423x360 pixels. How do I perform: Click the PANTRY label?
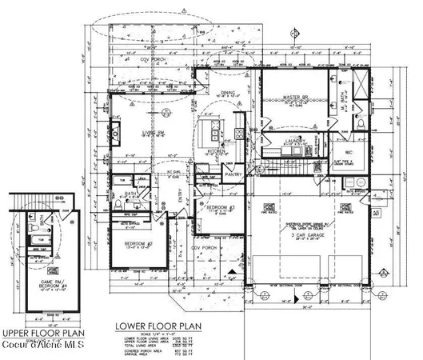pyautogui.click(x=233, y=174)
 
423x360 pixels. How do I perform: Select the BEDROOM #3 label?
pyautogui.click(x=220, y=208)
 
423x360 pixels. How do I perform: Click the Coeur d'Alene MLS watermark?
pyautogui.click(x=43, y=345)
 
